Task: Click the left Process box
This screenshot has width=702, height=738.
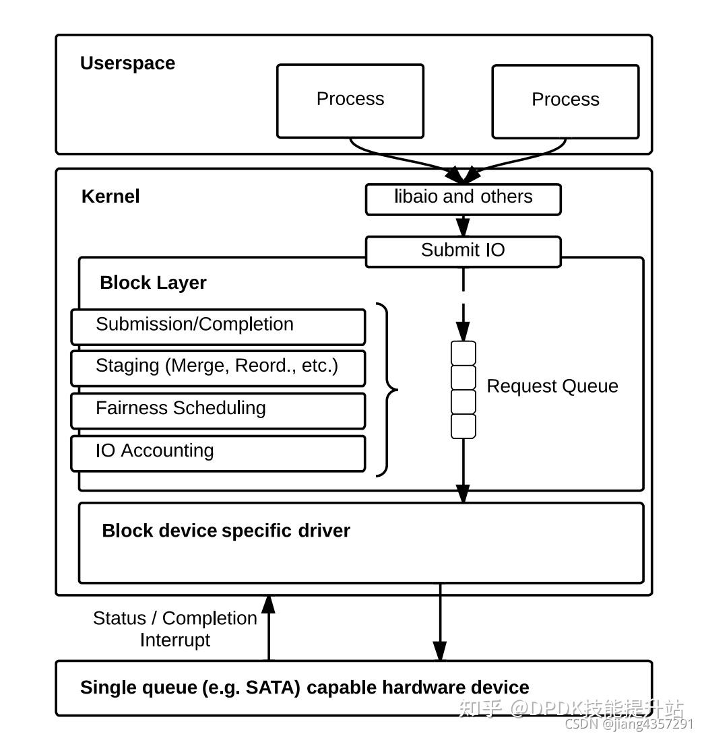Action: (350, 101)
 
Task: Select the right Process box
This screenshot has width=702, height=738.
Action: (565, 102)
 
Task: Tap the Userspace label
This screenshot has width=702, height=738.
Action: (127, 63)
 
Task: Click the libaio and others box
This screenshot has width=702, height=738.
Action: (463, 199)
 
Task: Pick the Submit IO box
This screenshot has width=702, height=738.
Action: (463, 251)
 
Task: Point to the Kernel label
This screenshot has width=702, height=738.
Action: (110, 197)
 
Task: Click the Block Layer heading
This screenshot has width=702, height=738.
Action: (153, 283)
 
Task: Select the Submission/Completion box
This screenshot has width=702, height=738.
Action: (218, 327)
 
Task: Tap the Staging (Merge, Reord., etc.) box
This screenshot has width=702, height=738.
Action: (218, 368)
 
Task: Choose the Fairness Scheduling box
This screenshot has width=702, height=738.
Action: (218, 410)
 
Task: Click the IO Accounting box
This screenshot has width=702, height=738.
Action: (218, 452)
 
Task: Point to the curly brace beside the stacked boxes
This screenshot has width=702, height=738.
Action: (388, 389)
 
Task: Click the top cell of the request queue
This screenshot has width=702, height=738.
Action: (463, 354)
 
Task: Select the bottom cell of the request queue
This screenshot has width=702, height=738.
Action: (463, 426)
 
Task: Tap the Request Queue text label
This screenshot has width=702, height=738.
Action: (552, 387)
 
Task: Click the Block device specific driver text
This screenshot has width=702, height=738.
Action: (226, 531)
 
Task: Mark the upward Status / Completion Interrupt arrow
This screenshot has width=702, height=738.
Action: (268, 626)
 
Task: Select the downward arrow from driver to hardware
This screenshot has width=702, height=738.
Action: (440, 623)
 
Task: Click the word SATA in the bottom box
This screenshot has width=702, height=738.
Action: (273, 687)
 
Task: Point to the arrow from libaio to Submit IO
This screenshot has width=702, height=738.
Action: (463, 225)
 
